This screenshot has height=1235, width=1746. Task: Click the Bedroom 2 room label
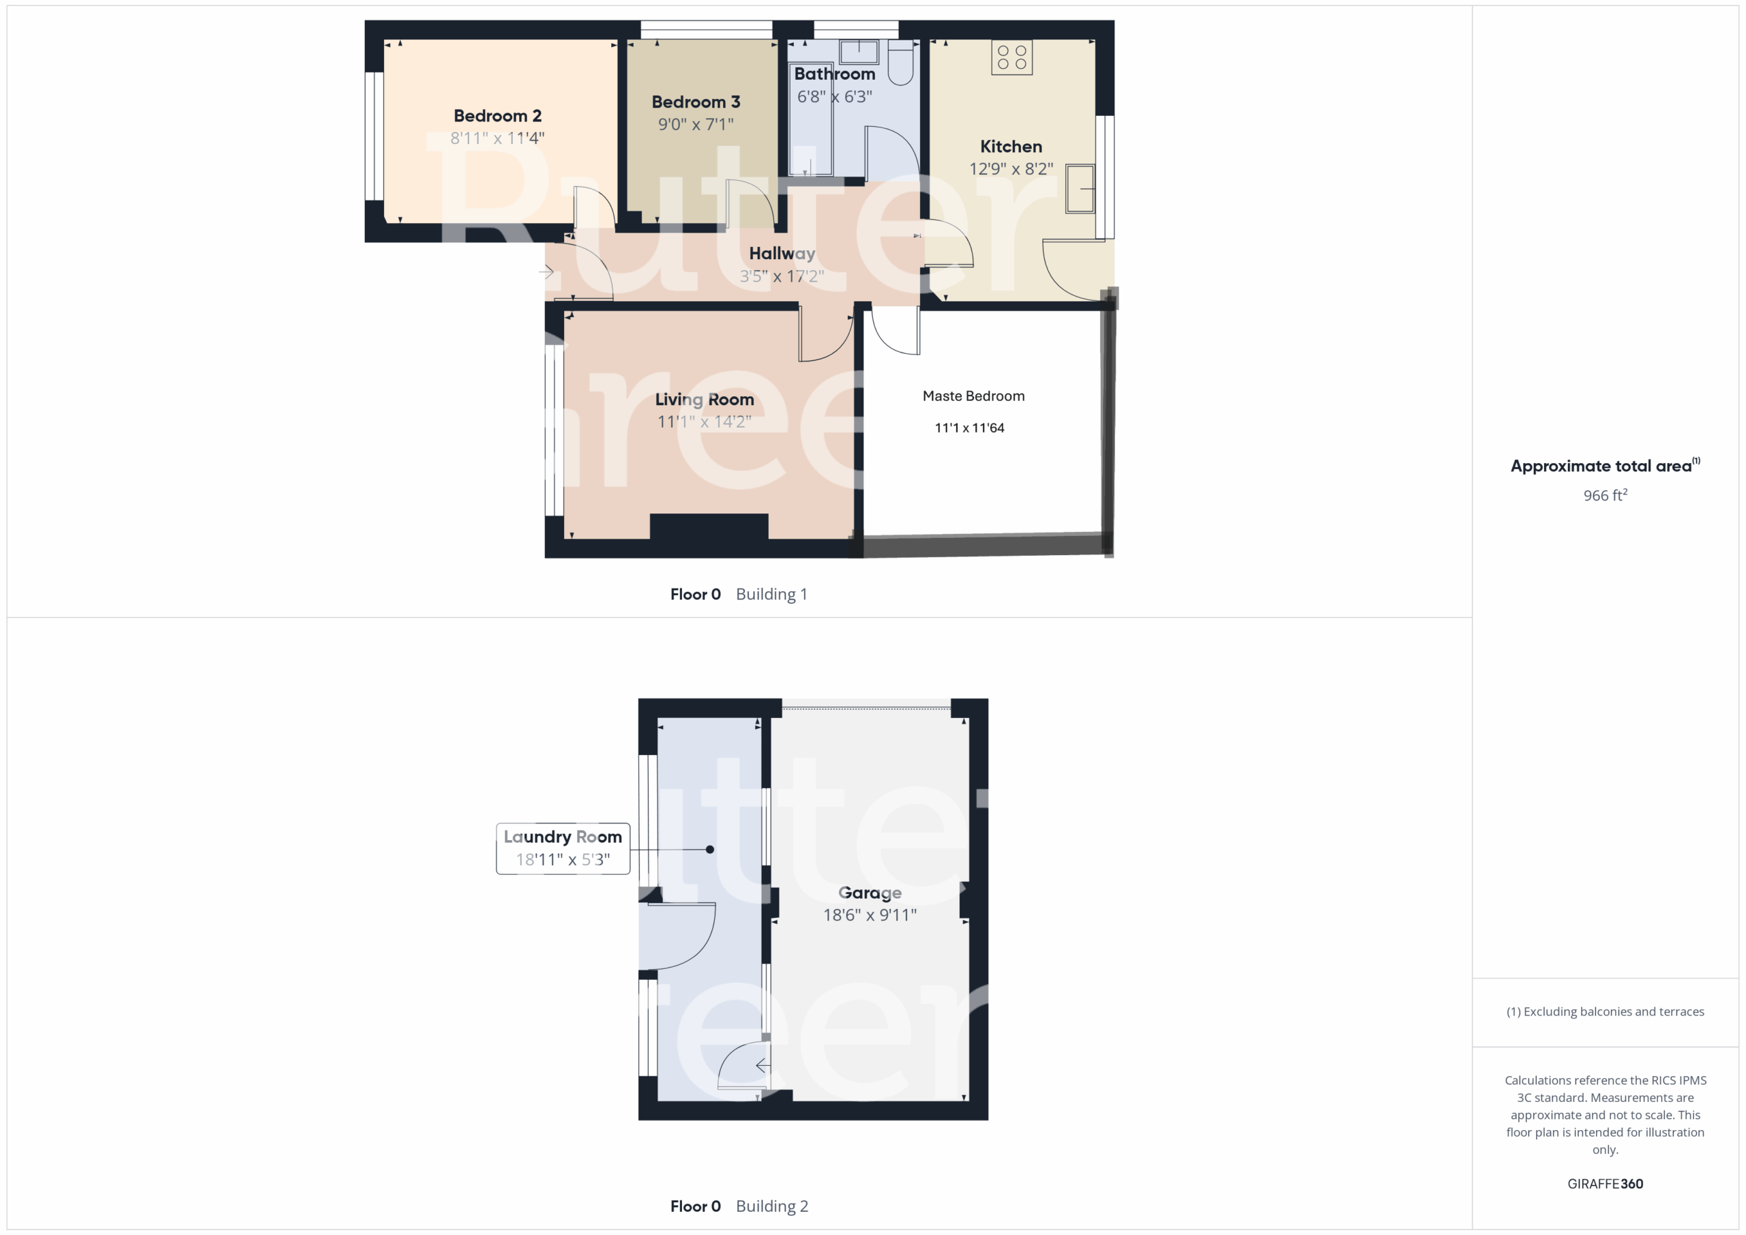[x=497, y=116]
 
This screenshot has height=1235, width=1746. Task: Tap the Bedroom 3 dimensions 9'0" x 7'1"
[x=696, y=124]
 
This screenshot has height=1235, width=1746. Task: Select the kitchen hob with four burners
[x=1011, y=57]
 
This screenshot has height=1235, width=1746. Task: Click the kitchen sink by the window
[x=1080, y=188]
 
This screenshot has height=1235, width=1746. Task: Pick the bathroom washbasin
[x=859, y=52]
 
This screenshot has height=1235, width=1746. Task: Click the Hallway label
[x=782, y=253]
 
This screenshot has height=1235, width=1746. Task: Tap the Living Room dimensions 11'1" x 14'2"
[x=704, y=421]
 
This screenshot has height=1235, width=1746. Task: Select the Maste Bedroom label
[x=973, y=396]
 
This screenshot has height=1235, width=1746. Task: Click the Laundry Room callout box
[x=563, y=849]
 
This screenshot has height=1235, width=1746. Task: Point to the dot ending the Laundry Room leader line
[x=709, y=850]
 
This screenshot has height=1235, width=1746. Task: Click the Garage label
[x=870, y=893]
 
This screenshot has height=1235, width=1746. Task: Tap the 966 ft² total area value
[x=1606, y=495]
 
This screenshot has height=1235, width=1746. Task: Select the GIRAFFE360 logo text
[x=1606, y=1183]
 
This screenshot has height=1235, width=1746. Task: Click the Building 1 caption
[x=771, y=594]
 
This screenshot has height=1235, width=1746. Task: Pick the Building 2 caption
[x=772, y=1206]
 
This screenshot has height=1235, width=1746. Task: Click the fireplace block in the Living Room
[x=709, y=526]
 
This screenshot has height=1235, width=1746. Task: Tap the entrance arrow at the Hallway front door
[x=547, y=271]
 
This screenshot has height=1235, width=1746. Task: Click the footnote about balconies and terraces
[x=1606, y=1011]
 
